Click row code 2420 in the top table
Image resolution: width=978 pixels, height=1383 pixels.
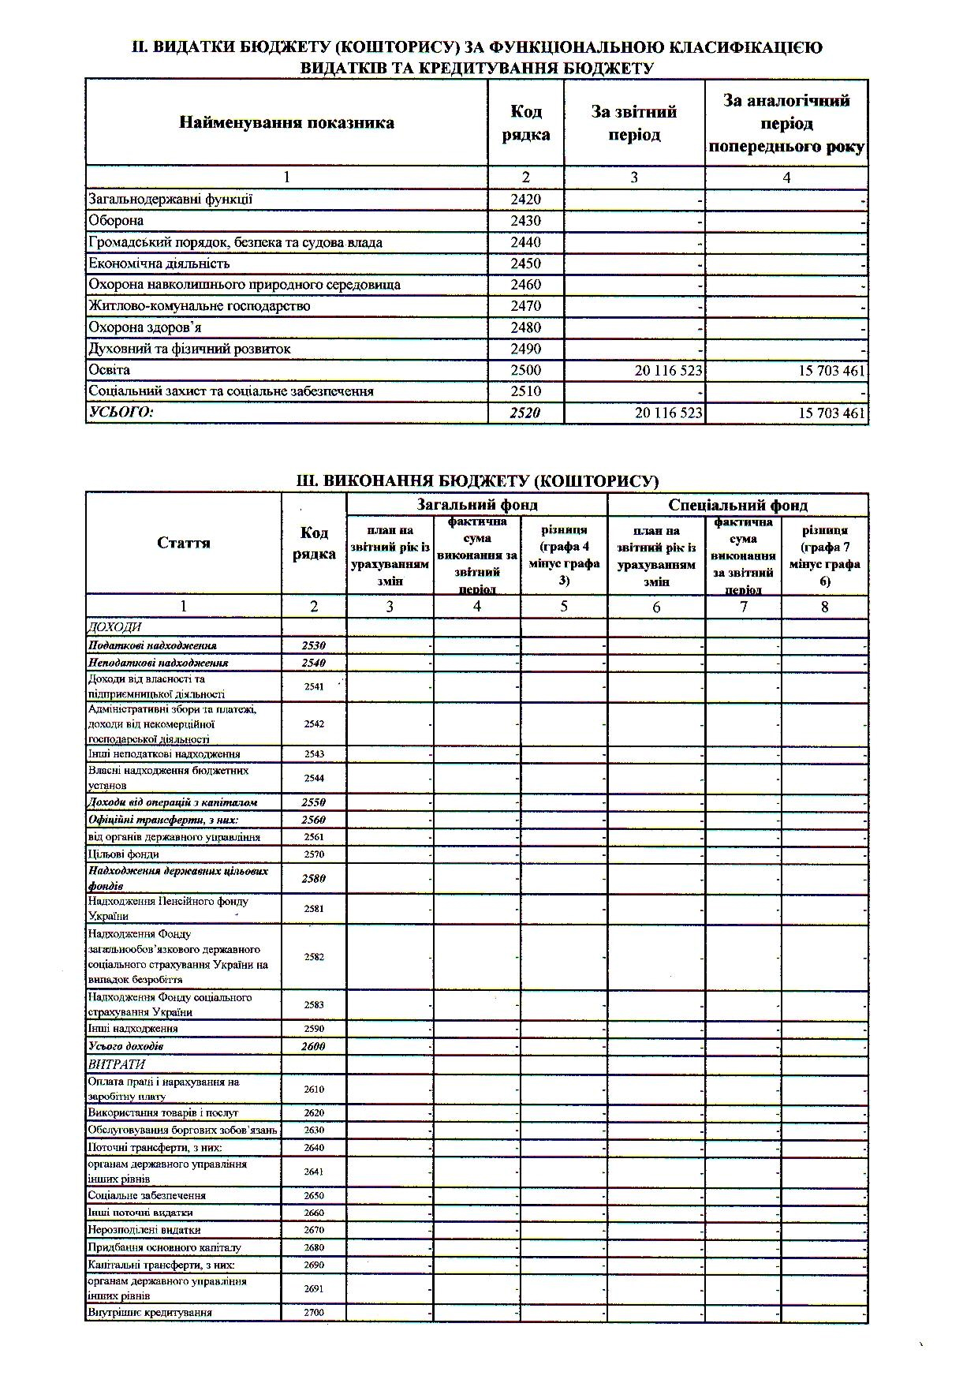pos(525,200)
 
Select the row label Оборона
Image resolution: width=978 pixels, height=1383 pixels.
pos(116,221)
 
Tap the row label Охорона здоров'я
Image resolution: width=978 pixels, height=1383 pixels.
pos(144,327)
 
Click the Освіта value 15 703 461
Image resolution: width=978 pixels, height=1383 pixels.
pos(831,371)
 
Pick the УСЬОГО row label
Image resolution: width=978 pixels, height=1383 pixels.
pos(121,413)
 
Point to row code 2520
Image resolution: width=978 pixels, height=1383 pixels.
pos(525,413)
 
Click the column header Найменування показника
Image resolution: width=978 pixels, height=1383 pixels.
pos(286,123)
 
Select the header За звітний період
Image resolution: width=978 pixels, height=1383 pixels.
pos(634,123)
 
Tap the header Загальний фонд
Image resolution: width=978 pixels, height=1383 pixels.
pos(476,505)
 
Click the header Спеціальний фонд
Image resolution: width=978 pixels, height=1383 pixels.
pos(737,505)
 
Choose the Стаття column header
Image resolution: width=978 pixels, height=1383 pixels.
pos(183,543)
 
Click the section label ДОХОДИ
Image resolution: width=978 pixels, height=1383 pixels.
pos(114,627)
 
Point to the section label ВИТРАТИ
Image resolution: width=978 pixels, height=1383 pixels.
pos(116,1064)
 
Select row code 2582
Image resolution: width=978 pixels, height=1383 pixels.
pos(314,957)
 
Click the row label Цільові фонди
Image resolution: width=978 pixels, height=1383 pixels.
pos(124,854)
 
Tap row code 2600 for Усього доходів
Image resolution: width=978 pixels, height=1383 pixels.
pos(314,1046)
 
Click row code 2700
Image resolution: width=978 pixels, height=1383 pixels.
pos(314,1313)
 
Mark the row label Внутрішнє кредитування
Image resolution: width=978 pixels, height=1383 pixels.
pos(150,1313)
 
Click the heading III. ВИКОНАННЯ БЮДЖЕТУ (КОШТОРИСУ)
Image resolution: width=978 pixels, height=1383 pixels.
pos(476,480)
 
